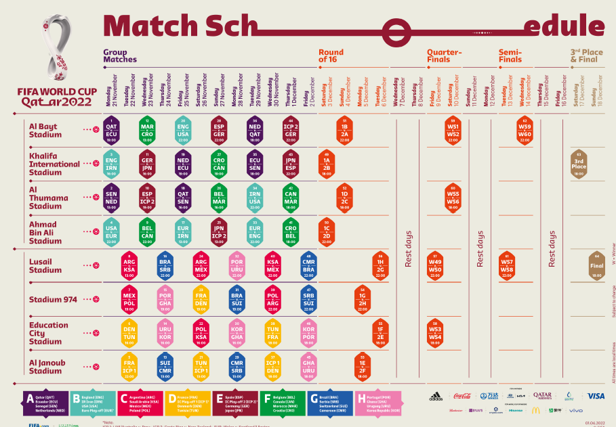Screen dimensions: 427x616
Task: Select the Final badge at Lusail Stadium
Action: [x=597, y=266]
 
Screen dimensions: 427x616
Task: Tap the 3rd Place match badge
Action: [x=579, y=164]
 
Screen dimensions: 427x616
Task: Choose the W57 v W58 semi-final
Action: [x=507, y=266]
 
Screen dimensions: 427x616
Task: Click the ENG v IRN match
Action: [x=112, y=164]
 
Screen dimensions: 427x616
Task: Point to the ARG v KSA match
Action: [x=129, y=266]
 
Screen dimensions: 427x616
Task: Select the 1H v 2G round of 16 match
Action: [x=381, y=266]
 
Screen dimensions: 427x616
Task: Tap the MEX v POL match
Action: [x=129, y=299]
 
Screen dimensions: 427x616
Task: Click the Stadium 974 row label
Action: [x=53, y=299]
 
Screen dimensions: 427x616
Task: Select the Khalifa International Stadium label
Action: [x=54, y=164]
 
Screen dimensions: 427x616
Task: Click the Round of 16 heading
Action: [x=331, y=56]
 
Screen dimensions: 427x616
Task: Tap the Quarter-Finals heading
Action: [x=445, y=55]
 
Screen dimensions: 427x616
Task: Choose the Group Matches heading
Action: [x=120, y=55]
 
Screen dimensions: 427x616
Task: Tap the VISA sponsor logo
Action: [x=596, y=396]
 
